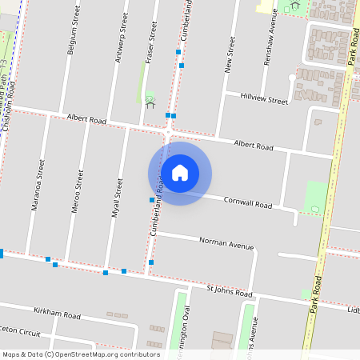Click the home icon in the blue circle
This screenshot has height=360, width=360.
click(180, 172)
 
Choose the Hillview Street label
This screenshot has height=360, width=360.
click(263, 101)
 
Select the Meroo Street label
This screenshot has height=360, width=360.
click(79, 189)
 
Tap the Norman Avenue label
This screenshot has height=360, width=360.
click(222, 240)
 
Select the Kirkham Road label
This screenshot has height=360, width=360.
click(57, 311)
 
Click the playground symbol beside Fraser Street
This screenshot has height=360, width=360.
click(150, 101)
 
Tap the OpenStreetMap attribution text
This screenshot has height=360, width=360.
click(80, 354)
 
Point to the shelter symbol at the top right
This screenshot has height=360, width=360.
click(294, 5)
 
